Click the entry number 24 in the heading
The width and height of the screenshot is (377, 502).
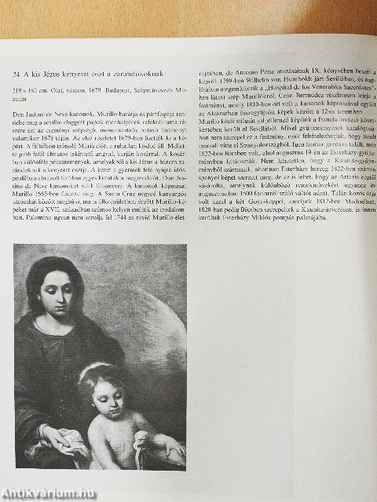[17, 75]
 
